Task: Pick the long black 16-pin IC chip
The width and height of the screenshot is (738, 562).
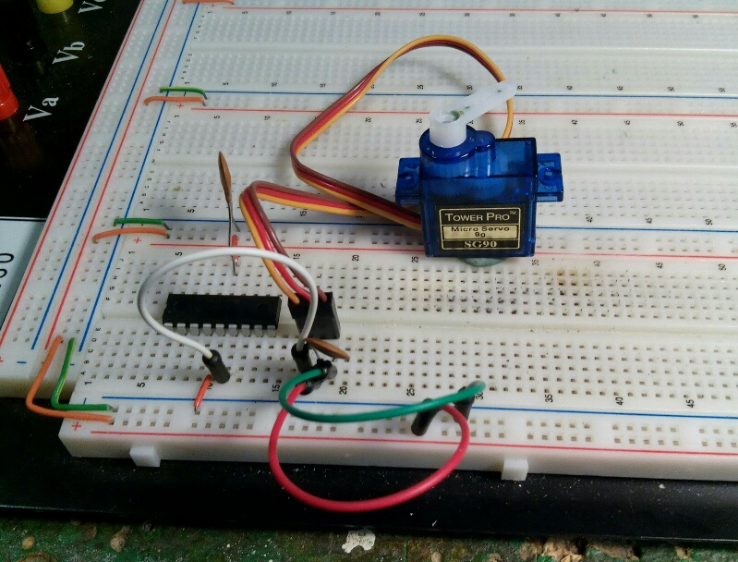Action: [x=222, y=311]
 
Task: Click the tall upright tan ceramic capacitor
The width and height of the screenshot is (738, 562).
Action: [x=227, y=185]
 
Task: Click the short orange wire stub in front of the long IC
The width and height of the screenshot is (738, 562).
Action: [x=201, y=392]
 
